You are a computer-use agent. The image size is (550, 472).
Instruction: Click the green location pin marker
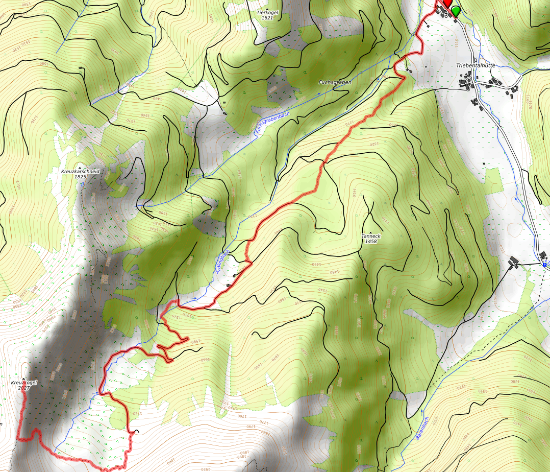[x=455, y=10]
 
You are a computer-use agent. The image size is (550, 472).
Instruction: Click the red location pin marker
[x=447, y=4]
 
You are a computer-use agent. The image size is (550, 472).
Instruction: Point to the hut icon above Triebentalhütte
[x=476, y=60]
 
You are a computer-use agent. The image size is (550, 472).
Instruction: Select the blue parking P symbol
[x=545, y=265]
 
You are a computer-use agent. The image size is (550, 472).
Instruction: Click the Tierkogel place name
[x=267, y=12]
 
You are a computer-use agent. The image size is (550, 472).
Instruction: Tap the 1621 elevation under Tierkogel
[x=267, y=18]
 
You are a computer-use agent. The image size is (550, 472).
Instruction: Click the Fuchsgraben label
[x=335, y=82]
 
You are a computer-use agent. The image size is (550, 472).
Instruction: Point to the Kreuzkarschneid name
[x=80, y=172]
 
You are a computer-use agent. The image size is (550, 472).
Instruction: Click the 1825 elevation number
[x=80, y=177]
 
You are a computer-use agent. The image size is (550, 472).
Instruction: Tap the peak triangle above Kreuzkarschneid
[x=80, y=167]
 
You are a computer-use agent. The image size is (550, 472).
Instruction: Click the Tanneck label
[x=371, y=236]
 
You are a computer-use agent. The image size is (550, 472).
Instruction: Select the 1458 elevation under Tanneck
[x=371, y=241]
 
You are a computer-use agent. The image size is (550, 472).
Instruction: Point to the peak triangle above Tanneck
[x=371, y=231]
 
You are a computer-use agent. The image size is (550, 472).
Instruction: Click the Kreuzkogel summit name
[x=23, y=383]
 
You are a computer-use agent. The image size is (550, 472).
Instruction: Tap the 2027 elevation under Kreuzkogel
[x=23, y=388]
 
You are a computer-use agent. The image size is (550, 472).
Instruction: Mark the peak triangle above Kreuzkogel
[x=23, y=377]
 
